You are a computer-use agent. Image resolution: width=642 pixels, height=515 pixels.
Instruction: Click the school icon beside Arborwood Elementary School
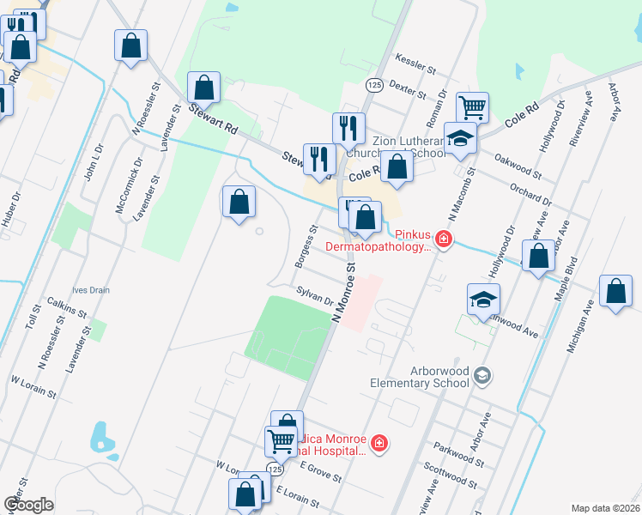tap(482, 374)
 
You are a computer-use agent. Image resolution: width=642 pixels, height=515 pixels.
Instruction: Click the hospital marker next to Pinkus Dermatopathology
tap(443, 239)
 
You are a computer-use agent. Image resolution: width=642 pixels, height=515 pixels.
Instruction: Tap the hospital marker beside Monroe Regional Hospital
tap(379, 444)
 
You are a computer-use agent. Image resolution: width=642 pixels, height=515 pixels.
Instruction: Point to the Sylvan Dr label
tap(314, 296)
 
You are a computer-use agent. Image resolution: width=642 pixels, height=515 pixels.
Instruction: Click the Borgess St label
tap(306, 245)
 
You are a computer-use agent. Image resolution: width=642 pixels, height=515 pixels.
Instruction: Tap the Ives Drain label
tap(91, 290)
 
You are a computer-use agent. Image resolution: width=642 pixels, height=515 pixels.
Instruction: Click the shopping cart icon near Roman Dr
tap(472, 107)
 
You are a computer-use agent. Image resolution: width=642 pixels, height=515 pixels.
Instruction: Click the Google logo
tap(28, 505)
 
